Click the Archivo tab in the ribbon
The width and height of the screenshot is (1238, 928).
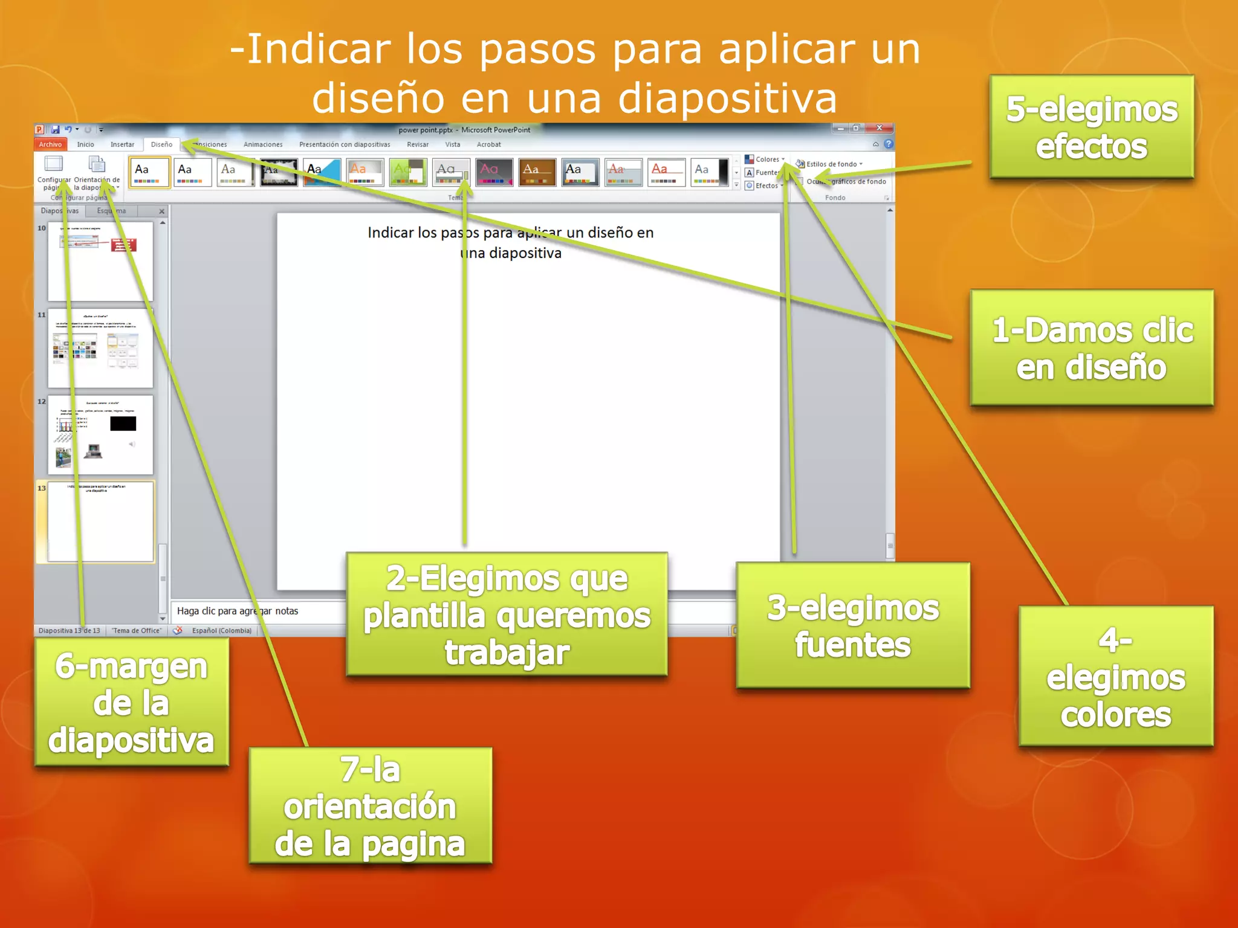50,144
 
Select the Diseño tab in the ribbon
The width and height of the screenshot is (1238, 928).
161,144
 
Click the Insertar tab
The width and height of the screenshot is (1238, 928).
122,144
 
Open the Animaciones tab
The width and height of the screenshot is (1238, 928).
263,144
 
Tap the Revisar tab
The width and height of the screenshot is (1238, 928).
418,144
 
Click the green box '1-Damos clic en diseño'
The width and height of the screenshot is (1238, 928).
1092,348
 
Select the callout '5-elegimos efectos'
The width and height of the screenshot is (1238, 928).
1092,127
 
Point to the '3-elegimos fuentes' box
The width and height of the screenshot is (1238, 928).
853,625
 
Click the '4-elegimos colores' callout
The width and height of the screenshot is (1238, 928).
1116,677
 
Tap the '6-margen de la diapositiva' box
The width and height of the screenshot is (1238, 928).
131,702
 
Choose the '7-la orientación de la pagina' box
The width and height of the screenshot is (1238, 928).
370,806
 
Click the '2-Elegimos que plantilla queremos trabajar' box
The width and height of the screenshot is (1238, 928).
507,614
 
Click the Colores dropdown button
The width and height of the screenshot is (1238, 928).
766,159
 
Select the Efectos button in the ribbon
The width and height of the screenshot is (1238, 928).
765,185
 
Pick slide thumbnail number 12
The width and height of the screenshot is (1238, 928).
100,434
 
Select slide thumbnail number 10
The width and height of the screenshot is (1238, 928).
100,261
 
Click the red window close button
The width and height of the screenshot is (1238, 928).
880,128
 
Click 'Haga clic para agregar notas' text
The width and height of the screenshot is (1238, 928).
238,611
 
